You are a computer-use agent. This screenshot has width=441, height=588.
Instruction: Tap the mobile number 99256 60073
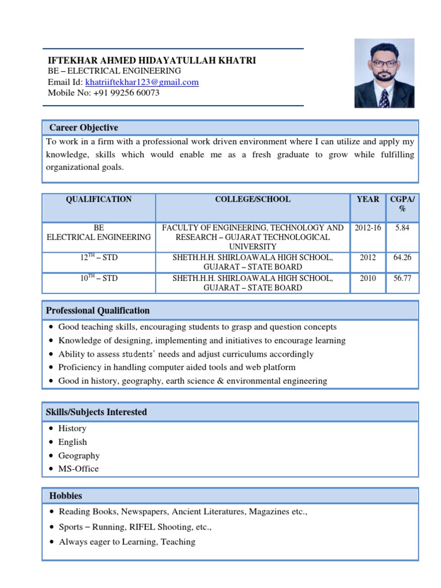136,92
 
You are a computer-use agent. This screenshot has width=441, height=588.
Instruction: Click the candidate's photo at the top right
384,73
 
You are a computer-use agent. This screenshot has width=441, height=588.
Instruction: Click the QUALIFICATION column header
99,199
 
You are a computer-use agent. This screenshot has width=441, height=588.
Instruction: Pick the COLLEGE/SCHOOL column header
253,199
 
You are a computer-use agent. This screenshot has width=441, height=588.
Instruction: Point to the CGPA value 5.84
402,228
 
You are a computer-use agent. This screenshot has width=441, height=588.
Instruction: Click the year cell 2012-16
367,228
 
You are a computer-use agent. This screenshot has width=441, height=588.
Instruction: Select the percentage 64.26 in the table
402,258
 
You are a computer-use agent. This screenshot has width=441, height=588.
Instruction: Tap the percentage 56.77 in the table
402,278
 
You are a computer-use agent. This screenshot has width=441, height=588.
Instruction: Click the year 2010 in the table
367,278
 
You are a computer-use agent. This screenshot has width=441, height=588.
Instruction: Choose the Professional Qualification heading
98,311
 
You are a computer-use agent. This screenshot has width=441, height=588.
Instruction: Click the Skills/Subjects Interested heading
96,412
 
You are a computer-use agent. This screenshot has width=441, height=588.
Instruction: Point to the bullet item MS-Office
79,469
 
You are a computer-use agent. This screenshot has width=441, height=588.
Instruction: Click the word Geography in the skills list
79,455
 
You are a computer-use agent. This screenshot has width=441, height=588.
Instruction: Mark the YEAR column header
367,199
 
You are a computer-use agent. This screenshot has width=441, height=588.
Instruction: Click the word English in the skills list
73,442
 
